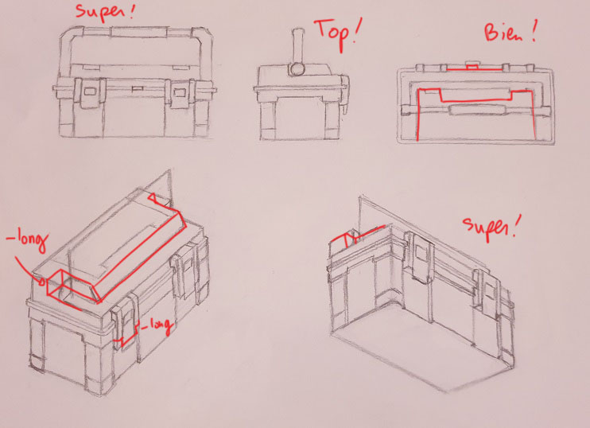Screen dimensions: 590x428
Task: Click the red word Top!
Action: (x=337, y=33)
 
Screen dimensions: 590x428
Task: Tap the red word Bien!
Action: (x=510, y=31)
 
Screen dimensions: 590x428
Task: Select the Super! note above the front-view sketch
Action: (x=105, y=11)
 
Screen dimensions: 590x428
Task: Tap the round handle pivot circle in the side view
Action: (x=297, y=69)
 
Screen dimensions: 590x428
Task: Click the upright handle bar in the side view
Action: (x=298, y=45)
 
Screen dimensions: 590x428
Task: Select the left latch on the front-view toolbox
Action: (x=90, y=92)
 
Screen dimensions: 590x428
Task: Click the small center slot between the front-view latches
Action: (x=138, y=89)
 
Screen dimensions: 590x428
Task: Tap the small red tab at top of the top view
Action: (x=472, y=66)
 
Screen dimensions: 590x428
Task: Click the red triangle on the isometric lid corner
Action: (x=153, y=197)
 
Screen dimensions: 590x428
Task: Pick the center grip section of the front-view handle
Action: (x=139, y=32)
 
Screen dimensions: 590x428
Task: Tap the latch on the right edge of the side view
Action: (x=344, y=91)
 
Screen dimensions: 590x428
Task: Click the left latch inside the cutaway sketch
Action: (x=421, y=256)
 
